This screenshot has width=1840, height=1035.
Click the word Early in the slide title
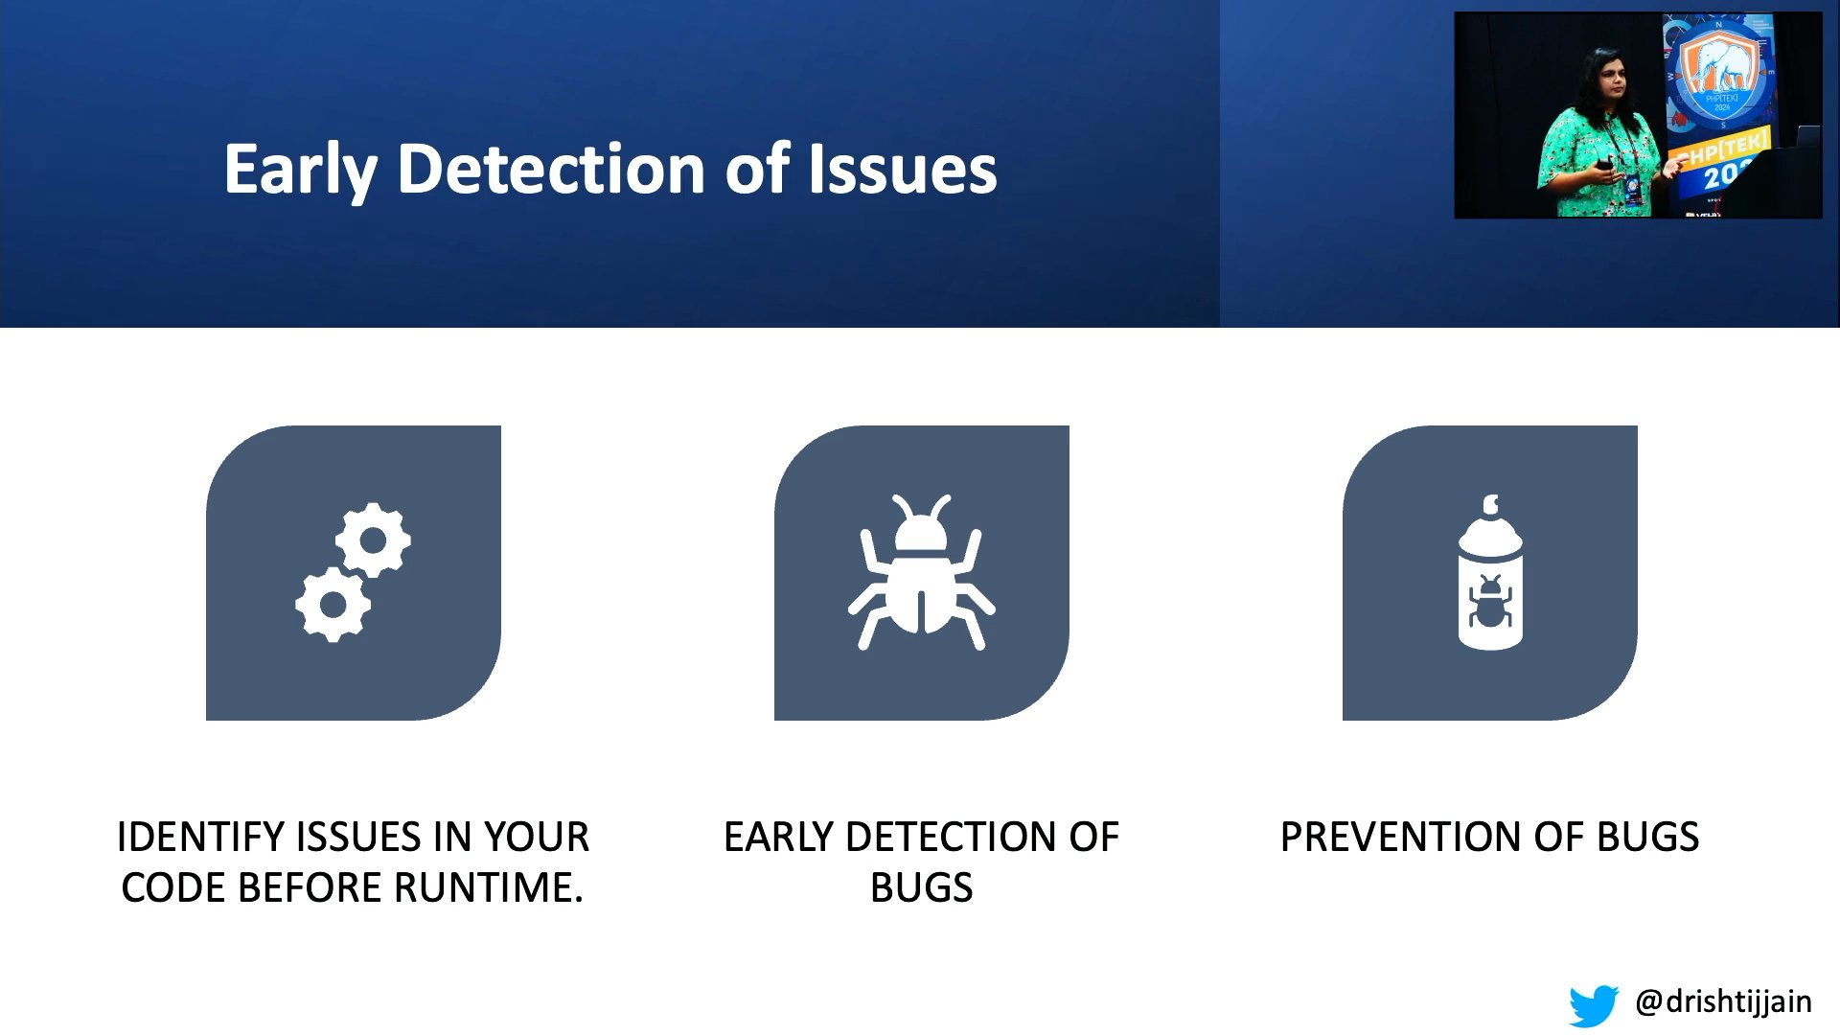point(301,171)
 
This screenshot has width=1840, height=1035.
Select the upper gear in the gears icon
point(373,540)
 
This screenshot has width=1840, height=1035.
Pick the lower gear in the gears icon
point(333,605)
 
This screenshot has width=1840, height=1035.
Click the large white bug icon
point(921,573)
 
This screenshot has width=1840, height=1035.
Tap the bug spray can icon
point(1490,573)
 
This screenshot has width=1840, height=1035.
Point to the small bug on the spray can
point(1490,603)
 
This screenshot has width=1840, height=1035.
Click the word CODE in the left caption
point(174,887)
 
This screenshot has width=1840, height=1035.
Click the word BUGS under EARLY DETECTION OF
point(921,887)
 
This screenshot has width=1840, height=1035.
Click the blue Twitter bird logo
point(1594,1004)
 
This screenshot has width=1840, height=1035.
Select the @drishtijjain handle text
point(1723,1001)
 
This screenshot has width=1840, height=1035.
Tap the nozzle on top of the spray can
point(1490,505)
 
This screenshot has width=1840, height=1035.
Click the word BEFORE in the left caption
point(310,887)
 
